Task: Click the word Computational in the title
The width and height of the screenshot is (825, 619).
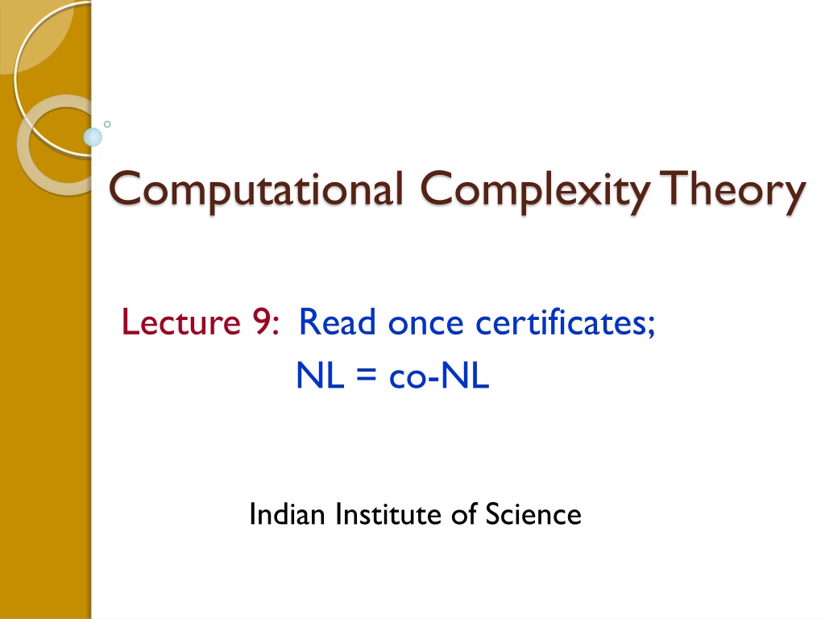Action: pos(255,190)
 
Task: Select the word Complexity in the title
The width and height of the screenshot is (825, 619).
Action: pos(535,191)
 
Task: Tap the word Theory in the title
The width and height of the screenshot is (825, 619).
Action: pos(732,191)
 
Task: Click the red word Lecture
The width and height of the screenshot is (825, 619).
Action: pos(181,322)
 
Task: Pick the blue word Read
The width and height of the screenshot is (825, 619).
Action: pos(338,322)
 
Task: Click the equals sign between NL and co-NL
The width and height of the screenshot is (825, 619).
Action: pos(367,376)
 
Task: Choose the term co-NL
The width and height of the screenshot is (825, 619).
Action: pos(439,376)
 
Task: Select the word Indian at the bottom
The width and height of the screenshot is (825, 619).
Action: pos(287,514)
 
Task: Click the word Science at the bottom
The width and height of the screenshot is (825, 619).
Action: pos(533,514)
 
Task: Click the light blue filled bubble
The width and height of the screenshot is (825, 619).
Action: pos(93,137)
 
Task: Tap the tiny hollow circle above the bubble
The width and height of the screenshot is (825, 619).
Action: pos(107,124)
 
